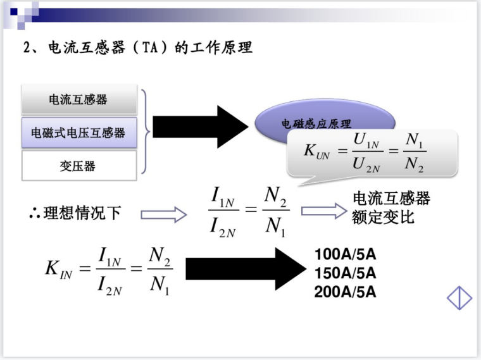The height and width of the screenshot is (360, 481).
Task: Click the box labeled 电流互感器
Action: click(x=78, y=100)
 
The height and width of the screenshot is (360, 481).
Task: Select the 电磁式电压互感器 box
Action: click(x=78, y=133)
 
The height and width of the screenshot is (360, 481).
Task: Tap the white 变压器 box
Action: click(x=78, y=166)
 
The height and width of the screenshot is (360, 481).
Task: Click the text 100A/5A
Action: click(x=345, y=256)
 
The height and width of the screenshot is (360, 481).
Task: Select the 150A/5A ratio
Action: click(x=345, y=273)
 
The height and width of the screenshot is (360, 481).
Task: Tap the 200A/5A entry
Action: click(x=345, y=292)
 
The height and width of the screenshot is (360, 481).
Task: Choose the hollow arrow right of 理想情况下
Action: click(x=163, y=214)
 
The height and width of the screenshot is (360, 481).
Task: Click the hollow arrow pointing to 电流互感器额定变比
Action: click(x=323, y=211)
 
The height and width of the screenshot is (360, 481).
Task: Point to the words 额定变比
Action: click(x=383, y=217)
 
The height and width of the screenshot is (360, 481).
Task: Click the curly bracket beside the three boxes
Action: click(x=146, y=132)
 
